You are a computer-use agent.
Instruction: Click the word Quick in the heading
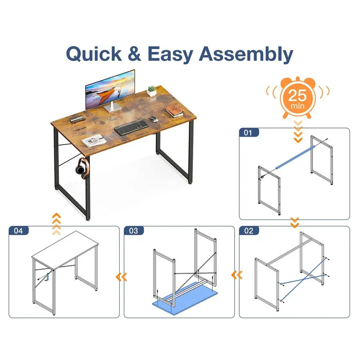[94, 54]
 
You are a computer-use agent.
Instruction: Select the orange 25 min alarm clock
[298, 98]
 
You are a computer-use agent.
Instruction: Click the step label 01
[248, 133]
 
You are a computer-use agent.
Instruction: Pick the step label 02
[248, 231]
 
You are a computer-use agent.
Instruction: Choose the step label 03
[133, 231]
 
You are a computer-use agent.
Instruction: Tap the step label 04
[18, 231]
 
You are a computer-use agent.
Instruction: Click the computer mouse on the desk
[153, 119]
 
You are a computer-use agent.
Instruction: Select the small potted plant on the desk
[152, 91]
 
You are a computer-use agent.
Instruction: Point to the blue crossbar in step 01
[296, 157]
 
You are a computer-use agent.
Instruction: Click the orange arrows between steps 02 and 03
[237, 275]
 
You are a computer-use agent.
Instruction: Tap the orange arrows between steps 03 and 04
[122, 277]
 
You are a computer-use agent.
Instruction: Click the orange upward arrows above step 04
[56, 224]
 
